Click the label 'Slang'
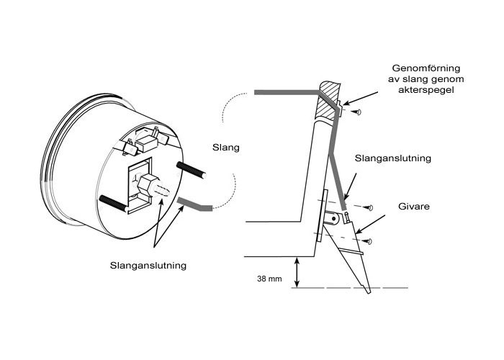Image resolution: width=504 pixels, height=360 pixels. pyautogui.click(x=228, y=147)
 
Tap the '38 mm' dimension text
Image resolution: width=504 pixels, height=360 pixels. pyautogui.click(x=269, y=278)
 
